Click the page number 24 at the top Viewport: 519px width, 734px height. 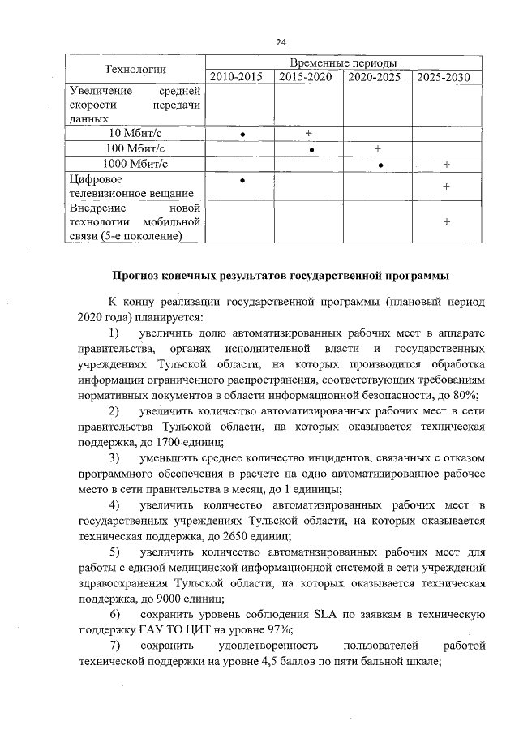[x=281, y=42]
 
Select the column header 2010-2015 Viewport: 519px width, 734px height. [x=240, y=77]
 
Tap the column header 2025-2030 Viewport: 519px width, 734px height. [x=446, y=77]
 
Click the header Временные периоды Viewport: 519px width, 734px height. [x=343, y=62]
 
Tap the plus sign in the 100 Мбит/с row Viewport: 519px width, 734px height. [x=378, y=148]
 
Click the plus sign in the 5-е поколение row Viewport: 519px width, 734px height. [x=447, y=221]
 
